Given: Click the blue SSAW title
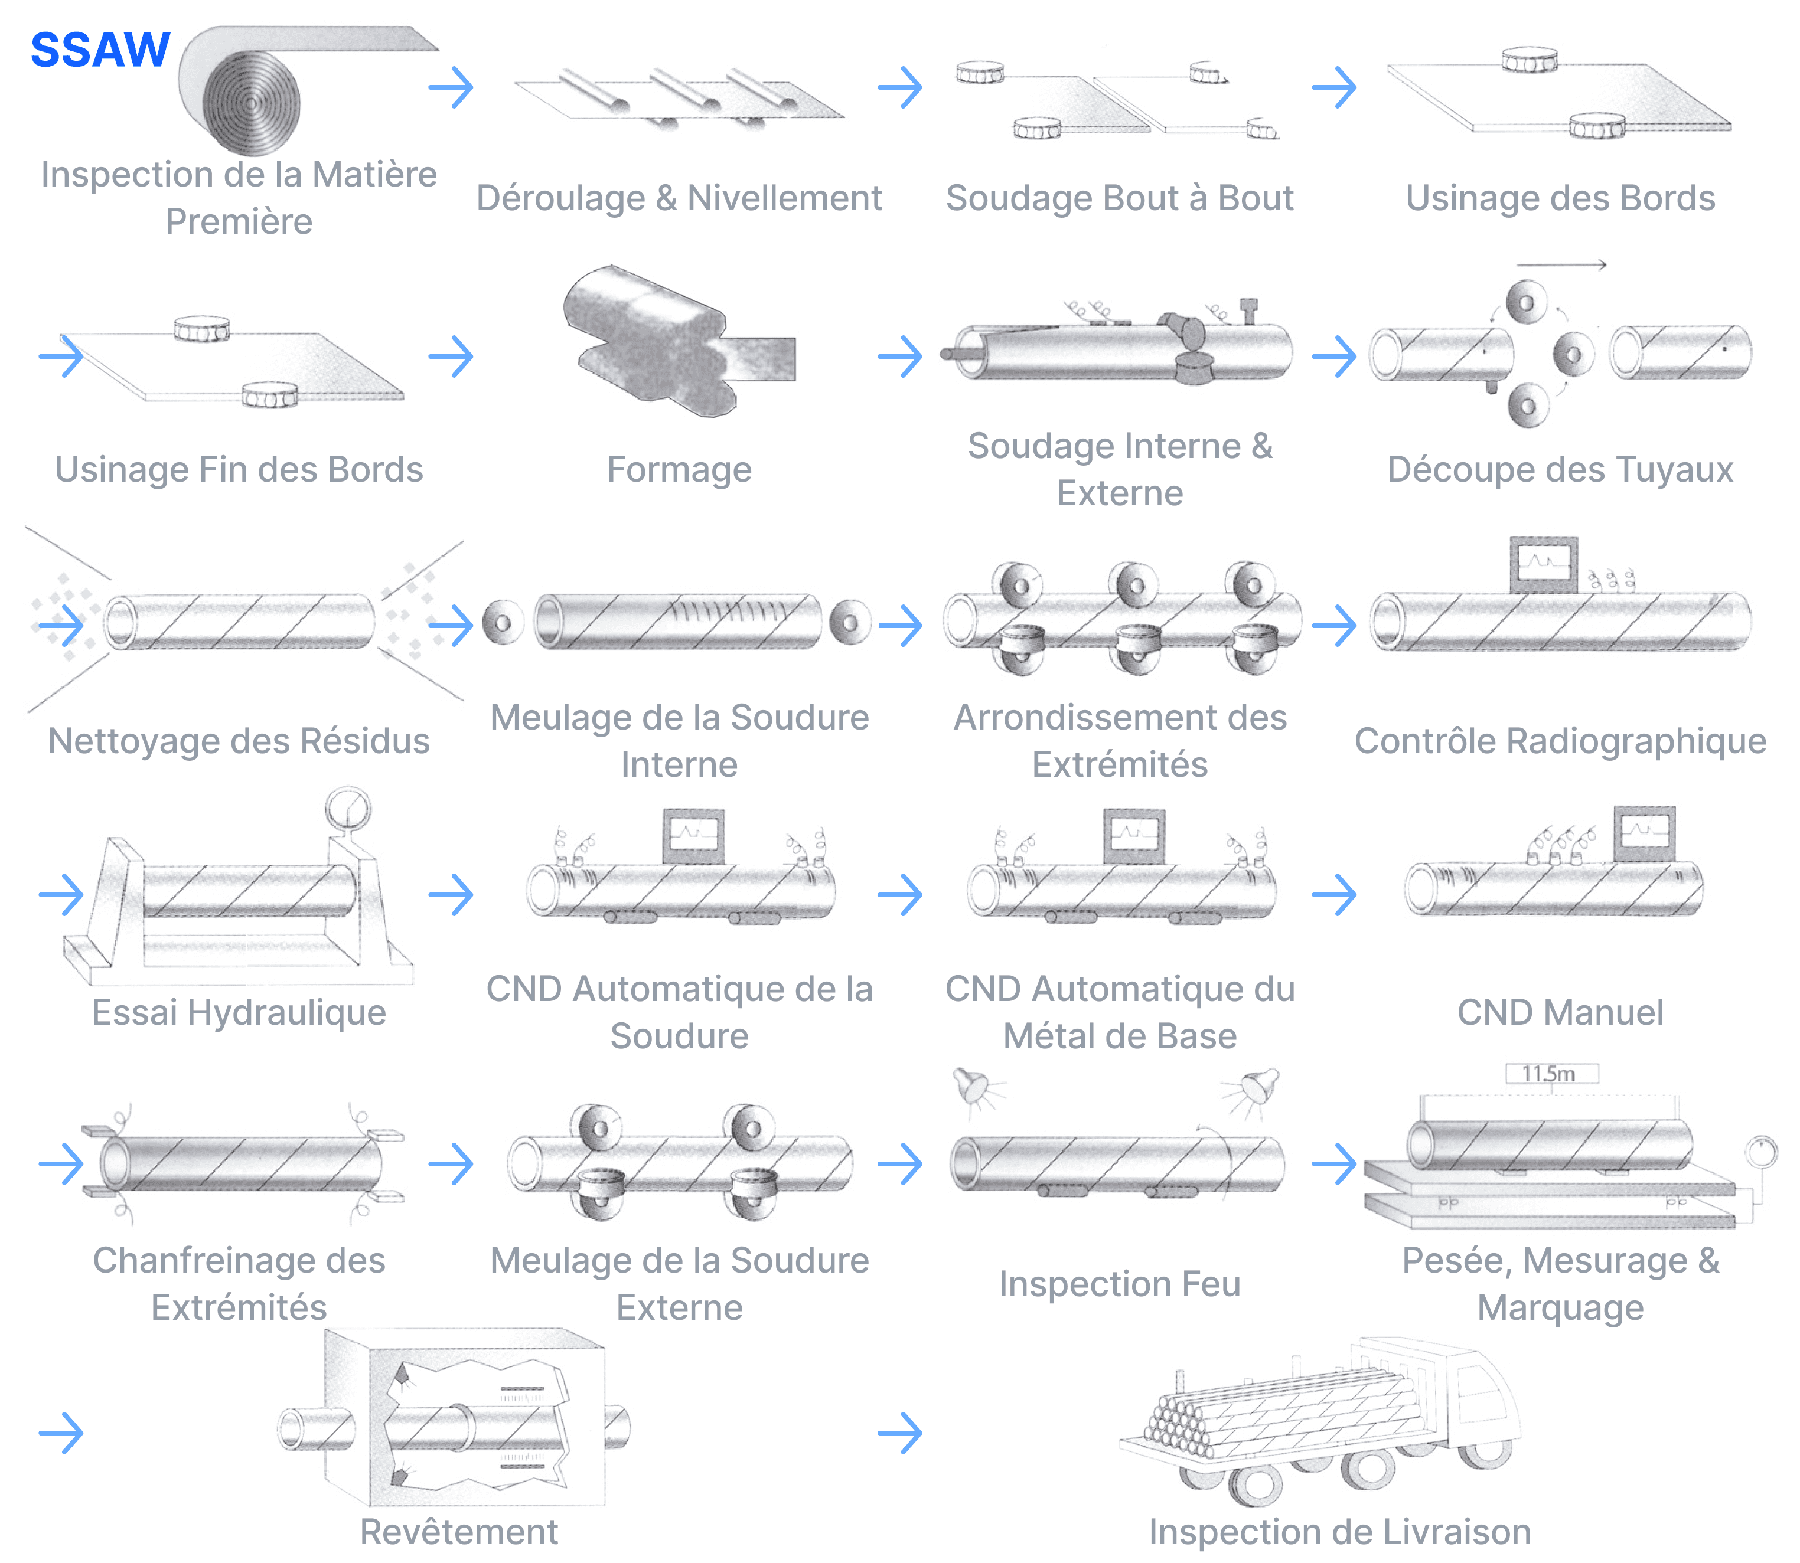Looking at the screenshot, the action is pyautogui.click(x=100, y=50).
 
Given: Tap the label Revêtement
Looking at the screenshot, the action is pyautogui.click(x=459, y=1532).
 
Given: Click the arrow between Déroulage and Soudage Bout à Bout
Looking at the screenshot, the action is pyautogui.click(x=899, y=87).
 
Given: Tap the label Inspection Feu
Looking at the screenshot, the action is pyautogui.click(x=1120, y=1283).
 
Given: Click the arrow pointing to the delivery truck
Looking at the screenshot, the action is pyautogui.click(x=899, y=1433).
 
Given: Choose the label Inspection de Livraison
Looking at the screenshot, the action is pyautogui.click(x=1339, y=1532).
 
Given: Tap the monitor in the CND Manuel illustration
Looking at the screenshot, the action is pyautogui.click(x=1644, y=832).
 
